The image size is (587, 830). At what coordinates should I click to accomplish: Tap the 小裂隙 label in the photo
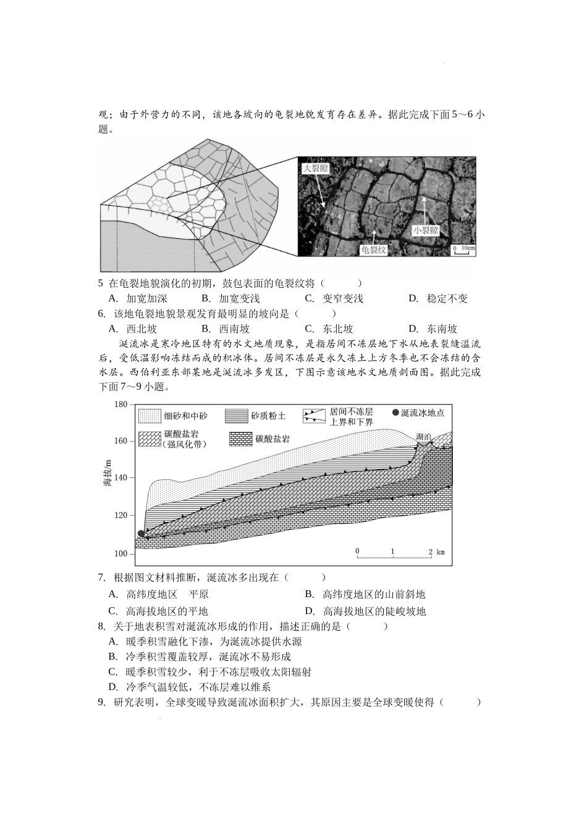(x=426, y=230)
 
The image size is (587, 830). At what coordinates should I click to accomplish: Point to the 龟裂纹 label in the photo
(x=374, y=249)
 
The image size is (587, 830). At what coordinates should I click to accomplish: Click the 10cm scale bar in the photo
(x=464, y=249)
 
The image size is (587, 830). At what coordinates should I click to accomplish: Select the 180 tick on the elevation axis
(x=120, y=405)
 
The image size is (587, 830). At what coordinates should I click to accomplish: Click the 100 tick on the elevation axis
(x=120, y=553)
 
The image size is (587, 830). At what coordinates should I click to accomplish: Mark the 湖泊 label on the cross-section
(x=424, y=437)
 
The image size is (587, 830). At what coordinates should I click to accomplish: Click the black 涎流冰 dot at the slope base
(x=141, y=534)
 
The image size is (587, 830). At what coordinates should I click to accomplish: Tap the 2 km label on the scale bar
(x=435, y=551)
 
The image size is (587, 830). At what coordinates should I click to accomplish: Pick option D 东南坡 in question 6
(x=441, y=329)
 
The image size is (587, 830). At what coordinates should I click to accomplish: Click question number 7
(x=103, y=577)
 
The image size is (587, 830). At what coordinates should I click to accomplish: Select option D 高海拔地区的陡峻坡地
(x=374, y=611)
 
